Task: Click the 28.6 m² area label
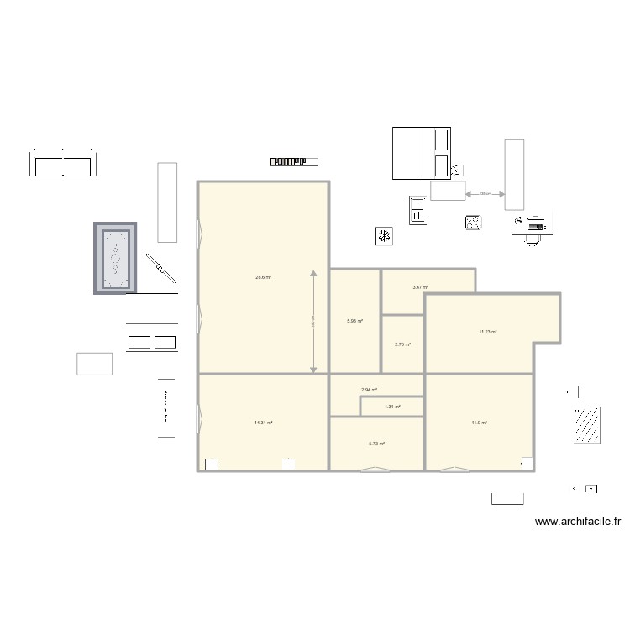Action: [264, 277]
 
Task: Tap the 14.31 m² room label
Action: [264, 423]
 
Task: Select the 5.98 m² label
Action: [354, 320]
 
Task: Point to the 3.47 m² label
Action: [421, 288]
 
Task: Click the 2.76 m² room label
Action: [402, 344]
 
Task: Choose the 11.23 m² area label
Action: [488, 332]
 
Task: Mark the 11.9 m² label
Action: [479, 423]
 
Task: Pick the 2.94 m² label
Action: [369, 390]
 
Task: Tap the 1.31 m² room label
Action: [392, 407]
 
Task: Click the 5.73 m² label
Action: [376, 444]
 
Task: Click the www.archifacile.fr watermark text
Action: [578, 522]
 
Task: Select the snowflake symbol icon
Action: [384, 236]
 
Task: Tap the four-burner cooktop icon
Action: [475, 223]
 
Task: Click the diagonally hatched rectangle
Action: [586, 424]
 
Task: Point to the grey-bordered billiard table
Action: [114, 259]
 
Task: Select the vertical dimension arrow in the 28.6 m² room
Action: [313, 322]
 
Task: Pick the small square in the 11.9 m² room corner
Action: [527, 463]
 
